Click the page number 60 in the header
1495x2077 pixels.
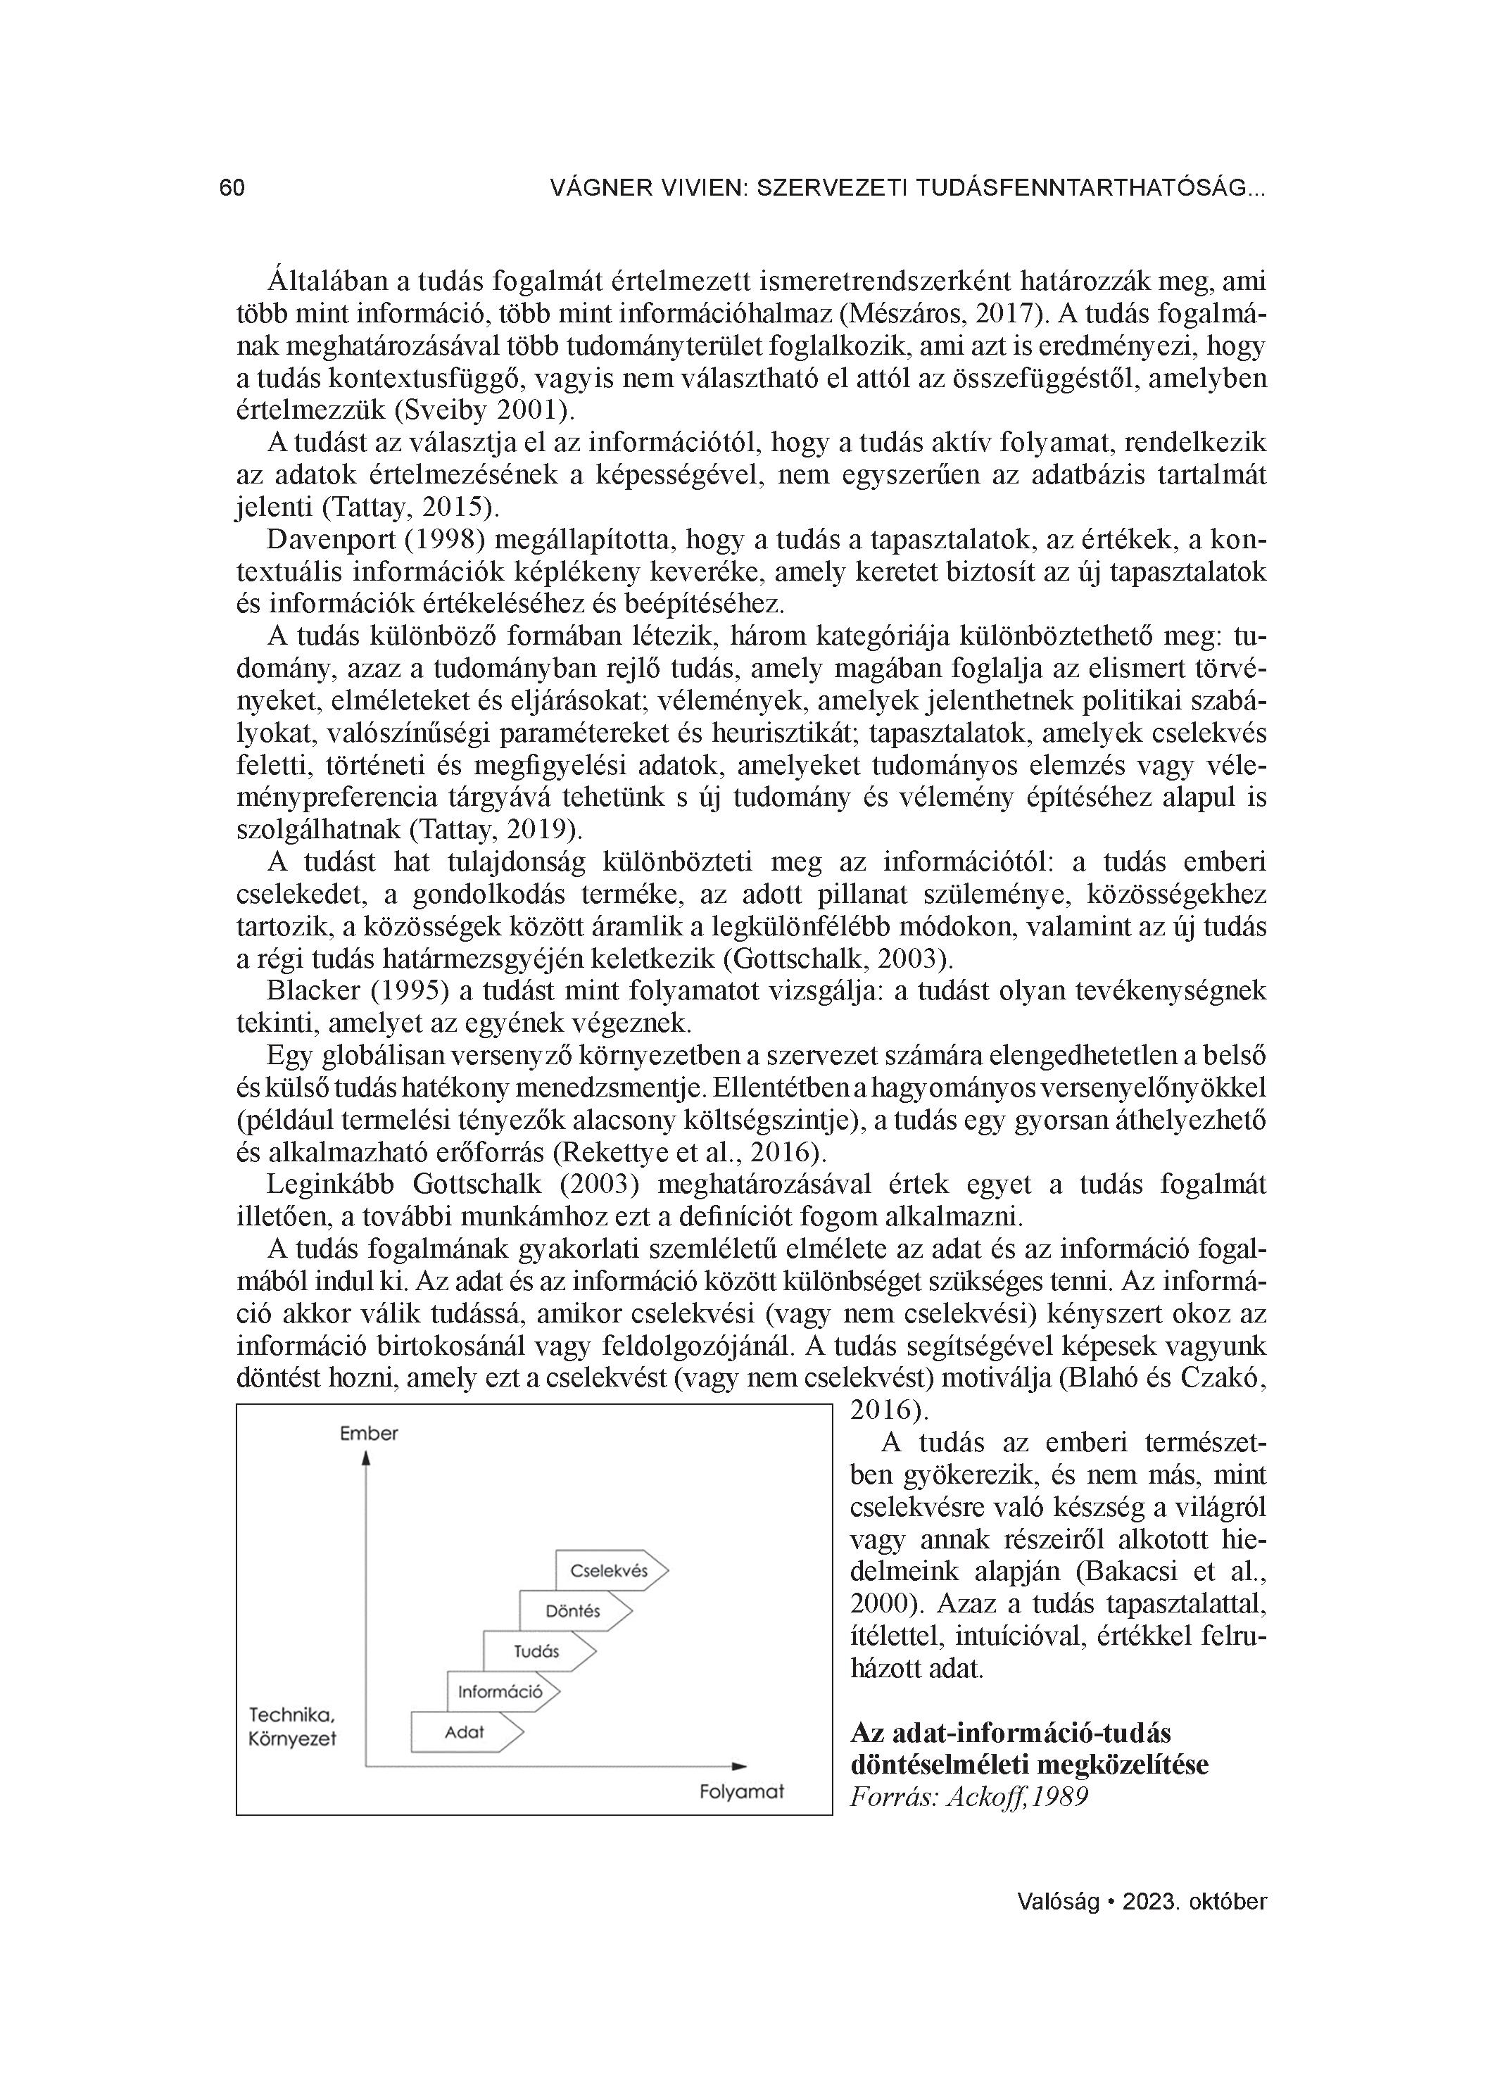[232, 188]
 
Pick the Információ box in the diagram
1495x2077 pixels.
[501, 1691]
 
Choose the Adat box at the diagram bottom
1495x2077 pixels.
[465, 1731]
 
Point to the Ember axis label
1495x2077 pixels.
[368, 1433]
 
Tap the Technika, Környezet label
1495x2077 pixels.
[292, 1726]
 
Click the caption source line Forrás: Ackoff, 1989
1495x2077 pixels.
[969, 1796]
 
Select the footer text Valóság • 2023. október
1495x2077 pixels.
[1142, 1901]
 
